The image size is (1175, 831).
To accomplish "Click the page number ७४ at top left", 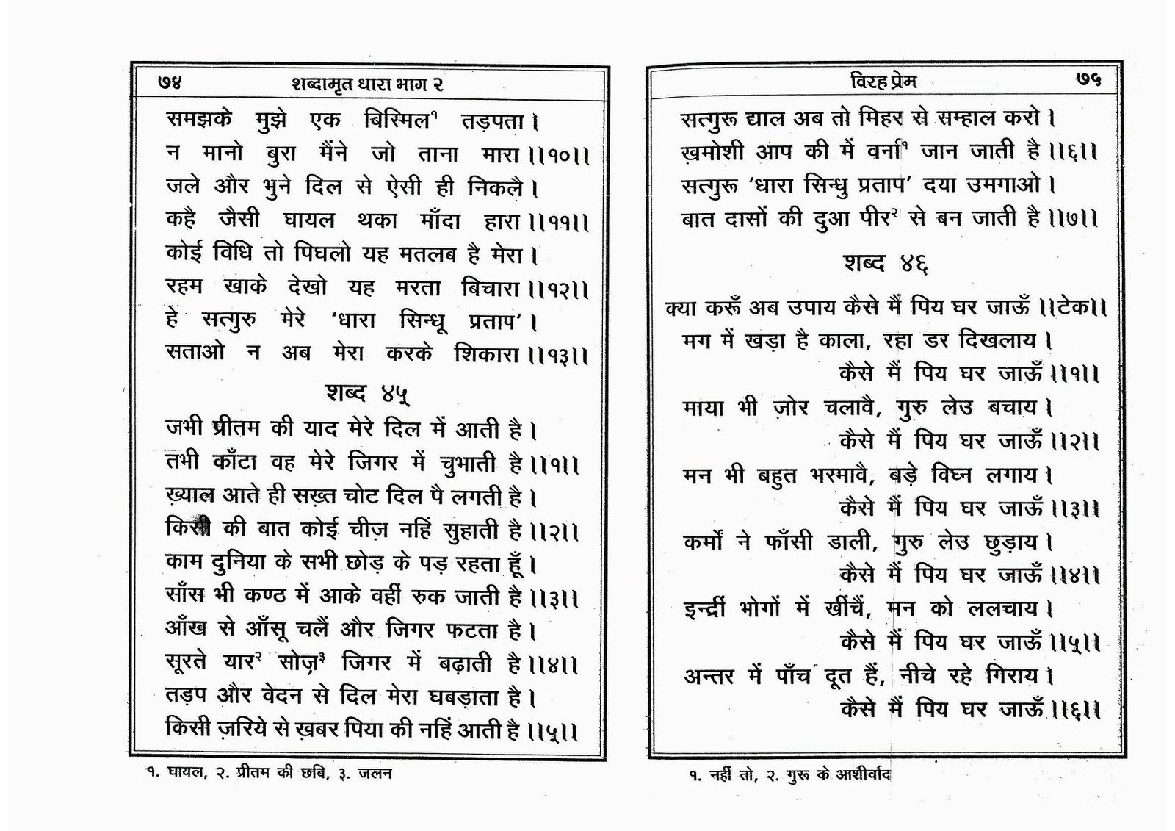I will click(x=170, y=83).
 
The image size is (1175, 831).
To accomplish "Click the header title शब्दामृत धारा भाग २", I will click(x=367, y=84).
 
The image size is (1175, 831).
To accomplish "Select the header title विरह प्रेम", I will click(x=879, y=81).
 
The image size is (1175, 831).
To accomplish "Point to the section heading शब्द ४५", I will click(x=366, y=394).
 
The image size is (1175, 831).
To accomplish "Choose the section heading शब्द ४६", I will click(x=885, y=265).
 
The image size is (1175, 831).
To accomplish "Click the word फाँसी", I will click(x=779, y=542).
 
